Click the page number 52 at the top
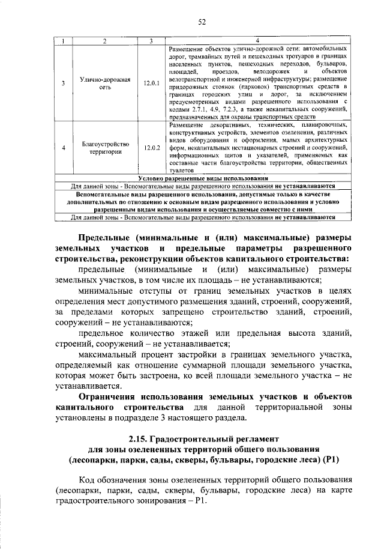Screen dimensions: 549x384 [202, 22]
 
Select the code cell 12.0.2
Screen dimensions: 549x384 [152, 148]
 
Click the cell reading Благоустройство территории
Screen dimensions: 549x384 [97, 148]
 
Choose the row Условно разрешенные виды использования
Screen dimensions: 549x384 [202, 178]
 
